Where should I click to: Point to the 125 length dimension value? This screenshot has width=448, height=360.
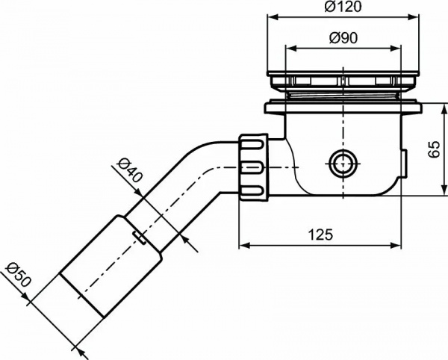point(320,235)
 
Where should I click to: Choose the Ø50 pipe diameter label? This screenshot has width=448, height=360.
point(16,276)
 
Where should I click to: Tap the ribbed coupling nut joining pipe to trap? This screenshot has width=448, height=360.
point(253,166)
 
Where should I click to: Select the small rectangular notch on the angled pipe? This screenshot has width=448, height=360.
point(140,238)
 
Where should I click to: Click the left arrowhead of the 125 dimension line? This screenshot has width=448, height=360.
point(241,244)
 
